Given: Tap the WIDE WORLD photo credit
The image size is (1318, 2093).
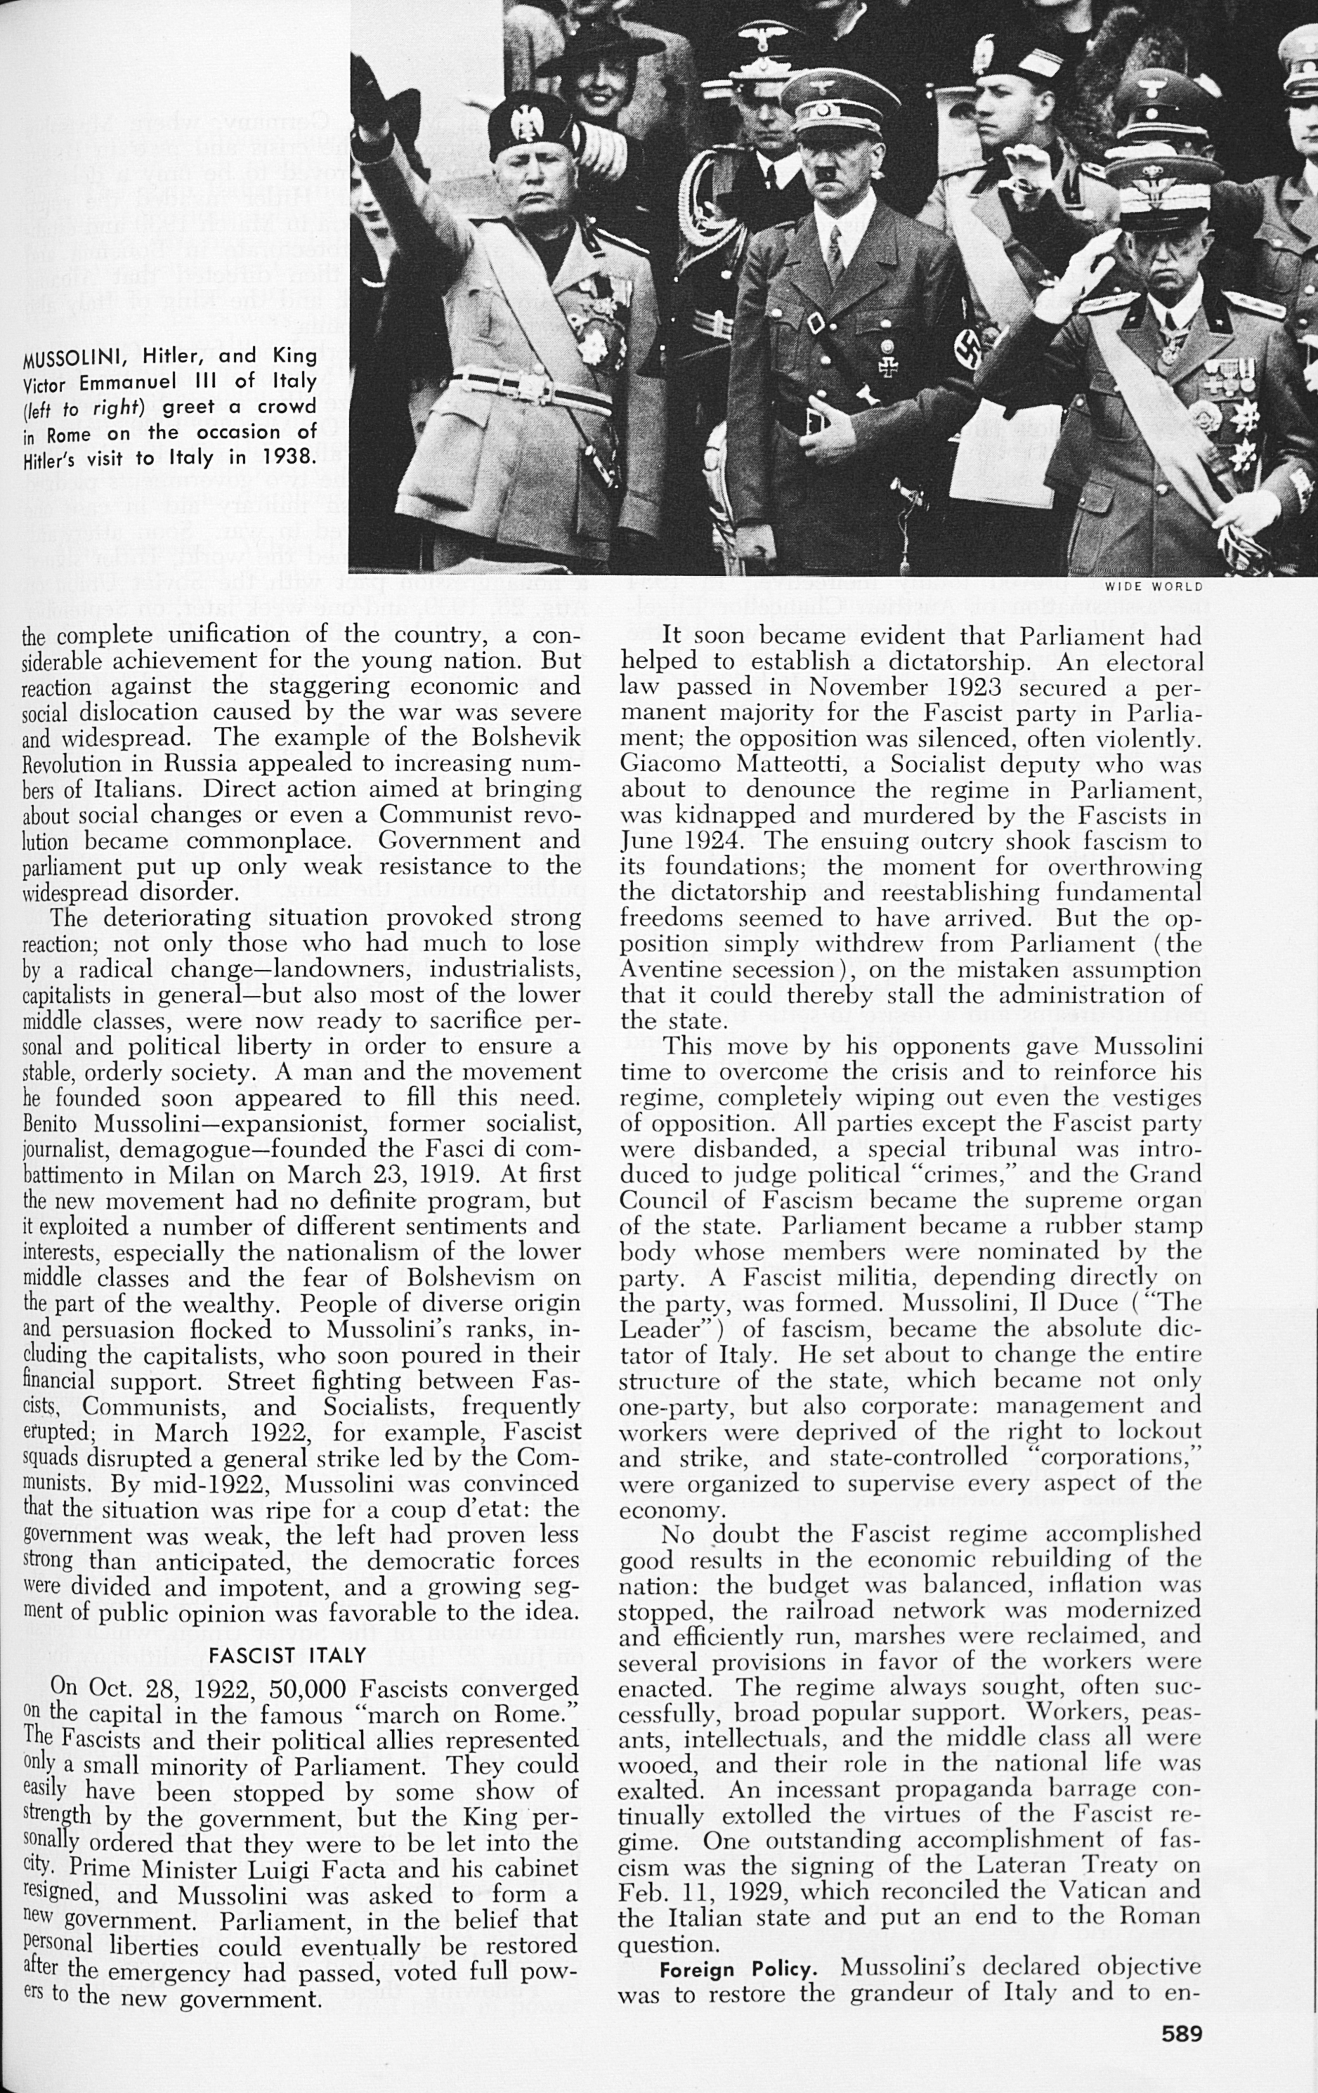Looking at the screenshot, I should click(x=1153, y=586).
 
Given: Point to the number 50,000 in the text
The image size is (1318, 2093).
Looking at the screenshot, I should click(x=308, y=1688).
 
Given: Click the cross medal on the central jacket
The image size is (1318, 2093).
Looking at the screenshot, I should click(x=887, y=367).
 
